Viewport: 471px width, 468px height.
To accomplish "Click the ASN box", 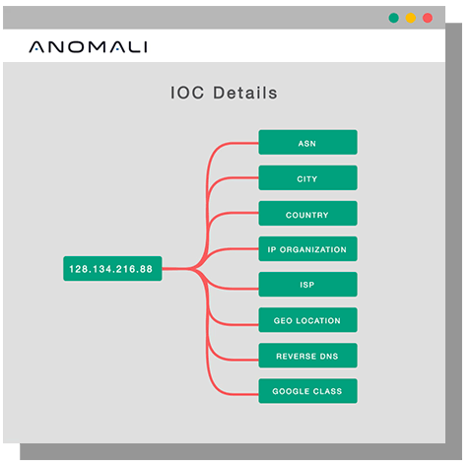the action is [307, 142].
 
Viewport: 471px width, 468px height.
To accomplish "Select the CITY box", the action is [307, 177].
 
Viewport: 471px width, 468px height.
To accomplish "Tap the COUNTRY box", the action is [307, 214].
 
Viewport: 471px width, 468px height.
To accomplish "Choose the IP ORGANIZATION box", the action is [307, 249].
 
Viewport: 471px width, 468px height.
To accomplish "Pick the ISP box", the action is [307, 285].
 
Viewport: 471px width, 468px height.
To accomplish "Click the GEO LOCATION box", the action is [307, 320].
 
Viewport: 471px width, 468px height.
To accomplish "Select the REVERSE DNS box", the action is [307, 356].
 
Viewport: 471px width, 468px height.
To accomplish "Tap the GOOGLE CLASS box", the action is [307, 391].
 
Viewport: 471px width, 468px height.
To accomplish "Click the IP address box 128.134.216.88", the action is [112, 269].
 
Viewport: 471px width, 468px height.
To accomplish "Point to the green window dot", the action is [393, 18].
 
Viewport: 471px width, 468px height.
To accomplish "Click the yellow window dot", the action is [411, 18].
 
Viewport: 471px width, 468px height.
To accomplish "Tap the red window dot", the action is [428, 18].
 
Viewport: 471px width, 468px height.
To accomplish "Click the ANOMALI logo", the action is [88, 47].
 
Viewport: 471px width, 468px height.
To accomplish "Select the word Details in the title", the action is [245, 93].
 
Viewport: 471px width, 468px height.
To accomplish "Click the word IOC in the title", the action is [187, 93].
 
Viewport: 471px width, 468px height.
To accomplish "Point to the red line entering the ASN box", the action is [208, 184].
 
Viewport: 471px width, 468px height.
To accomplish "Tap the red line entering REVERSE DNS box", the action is [208, 328].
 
